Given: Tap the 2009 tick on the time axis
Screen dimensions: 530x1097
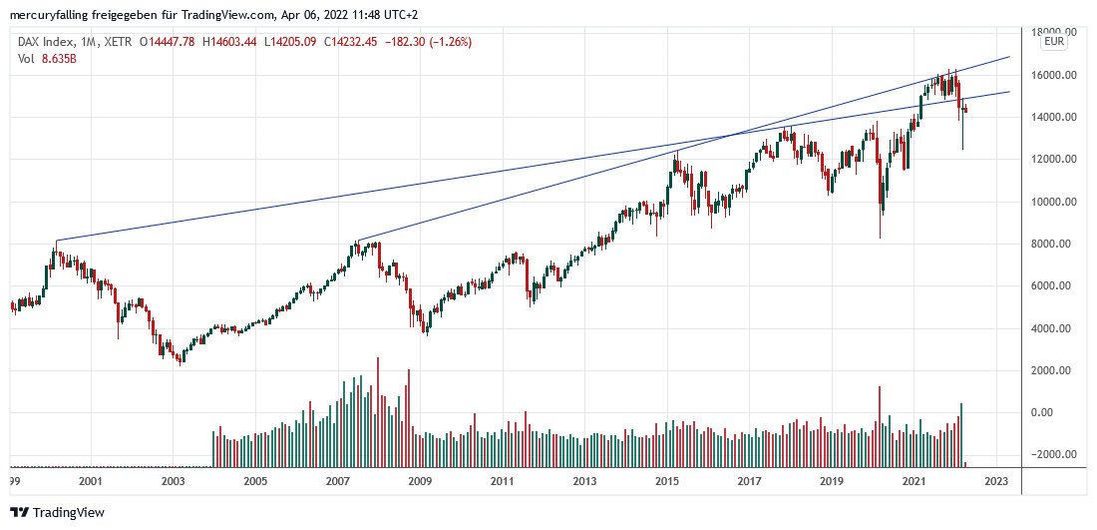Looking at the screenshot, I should (x=419, y=481).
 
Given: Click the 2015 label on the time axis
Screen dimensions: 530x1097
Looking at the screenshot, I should (x=666, y=481).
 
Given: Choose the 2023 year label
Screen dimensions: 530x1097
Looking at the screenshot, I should (x=995, y=481).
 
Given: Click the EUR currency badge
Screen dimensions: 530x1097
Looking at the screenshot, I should (x=1054, y=42).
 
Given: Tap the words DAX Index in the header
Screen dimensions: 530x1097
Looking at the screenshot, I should (x=43, y=42).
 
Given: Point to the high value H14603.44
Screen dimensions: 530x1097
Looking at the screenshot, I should (x=232, y=42).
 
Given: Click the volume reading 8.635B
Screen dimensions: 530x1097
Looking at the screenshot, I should (x=58, y=59).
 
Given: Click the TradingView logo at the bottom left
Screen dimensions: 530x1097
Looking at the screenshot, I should (x=57, y=512).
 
